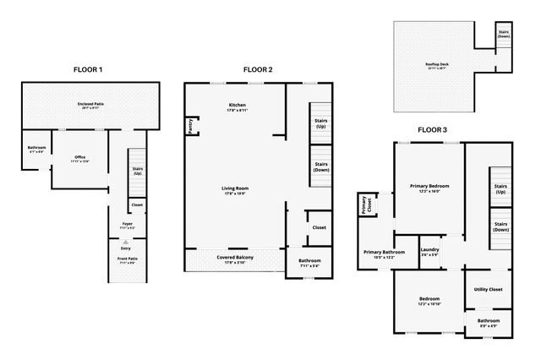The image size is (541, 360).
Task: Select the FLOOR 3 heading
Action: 433,130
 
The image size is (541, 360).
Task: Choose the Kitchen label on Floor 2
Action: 236,106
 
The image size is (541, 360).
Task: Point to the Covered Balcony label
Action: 236,260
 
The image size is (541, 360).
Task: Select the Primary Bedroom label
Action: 429,187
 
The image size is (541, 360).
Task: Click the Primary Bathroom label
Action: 385,254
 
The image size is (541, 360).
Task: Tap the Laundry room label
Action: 429,251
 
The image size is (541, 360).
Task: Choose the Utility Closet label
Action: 488,289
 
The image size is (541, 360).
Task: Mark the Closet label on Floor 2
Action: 319,227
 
